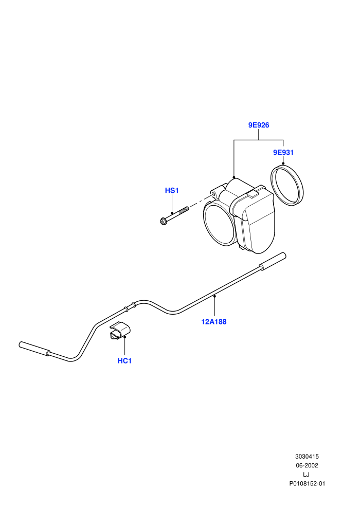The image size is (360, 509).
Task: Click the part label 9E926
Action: pyautogui.click(x=259, y=125)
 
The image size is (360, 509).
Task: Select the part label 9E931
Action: pyautogui.click(x=283, y=152)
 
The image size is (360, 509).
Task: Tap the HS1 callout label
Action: pyautogui.click(x=172, y=190)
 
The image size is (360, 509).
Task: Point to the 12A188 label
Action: pyautogui.click(x=214, y=322)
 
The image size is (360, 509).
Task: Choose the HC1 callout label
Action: pyautogui.click(x=124, y=360)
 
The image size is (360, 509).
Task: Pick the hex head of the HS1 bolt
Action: pyautogui.click(x=163, y=221)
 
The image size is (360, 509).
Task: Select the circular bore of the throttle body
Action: pyautogui.click(x=220, y=225)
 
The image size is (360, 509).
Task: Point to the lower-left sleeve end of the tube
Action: pyautogui.click(x=34, y=349)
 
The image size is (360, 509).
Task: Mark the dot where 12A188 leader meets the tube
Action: pyautogui.click(x=214, y=296)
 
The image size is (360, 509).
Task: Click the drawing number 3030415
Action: pyautogui.click(x=307, y=457)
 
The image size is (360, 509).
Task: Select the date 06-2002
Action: pyautogui.click(x=307, y=465)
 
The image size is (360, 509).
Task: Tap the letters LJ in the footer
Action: pyautogui.click(x=306, y=475)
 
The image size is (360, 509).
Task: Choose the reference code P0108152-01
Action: pyautogui.click(x=307, y=484)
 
